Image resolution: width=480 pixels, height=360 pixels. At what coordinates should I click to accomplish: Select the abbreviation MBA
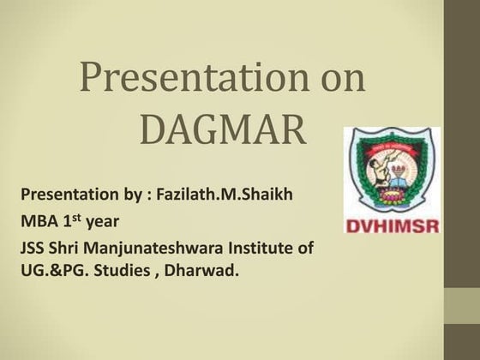click(39, 220)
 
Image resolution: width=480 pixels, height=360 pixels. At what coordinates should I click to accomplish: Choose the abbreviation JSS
click(34, 249)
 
